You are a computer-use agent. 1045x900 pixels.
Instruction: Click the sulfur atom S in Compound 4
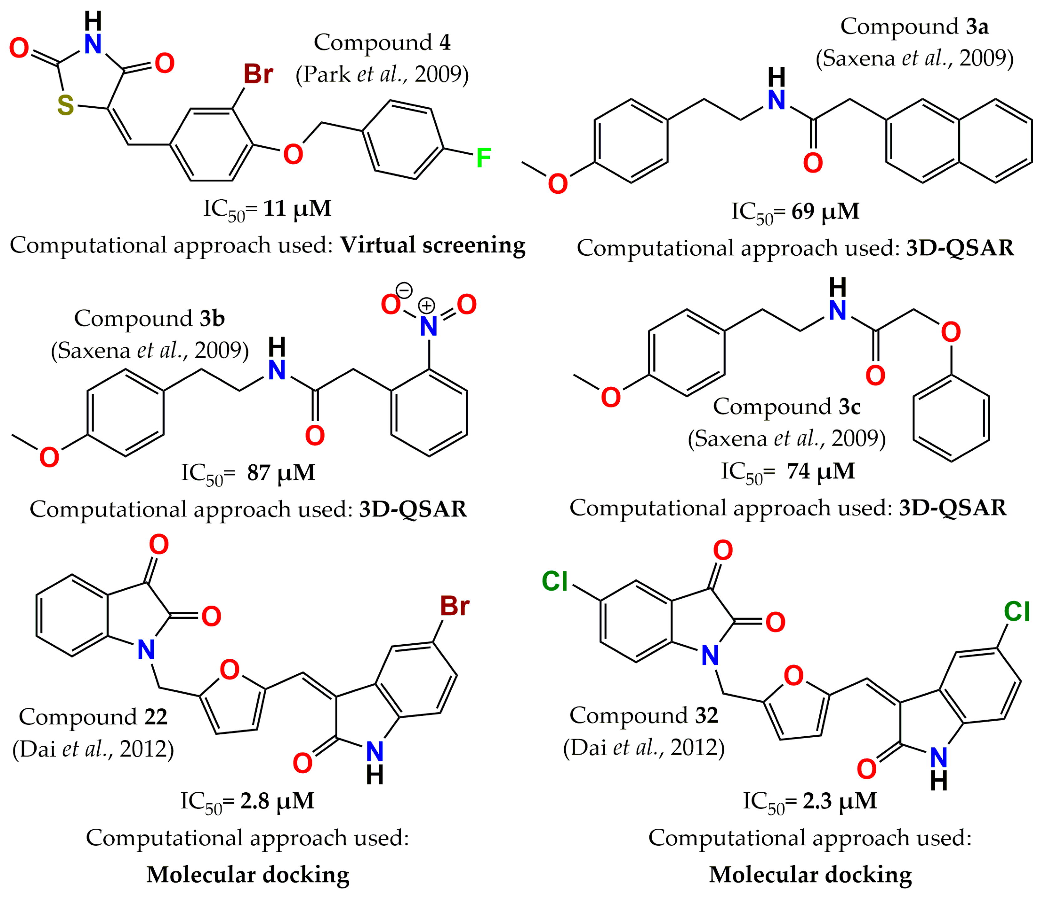(65, 105)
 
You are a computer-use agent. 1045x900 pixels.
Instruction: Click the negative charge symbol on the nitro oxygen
(404, 290)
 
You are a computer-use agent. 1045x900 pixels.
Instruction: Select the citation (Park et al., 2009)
(382, 74)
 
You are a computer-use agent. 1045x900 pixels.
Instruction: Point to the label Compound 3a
(914, 27)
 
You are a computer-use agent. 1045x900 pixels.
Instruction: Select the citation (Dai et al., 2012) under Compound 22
(93, 749)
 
